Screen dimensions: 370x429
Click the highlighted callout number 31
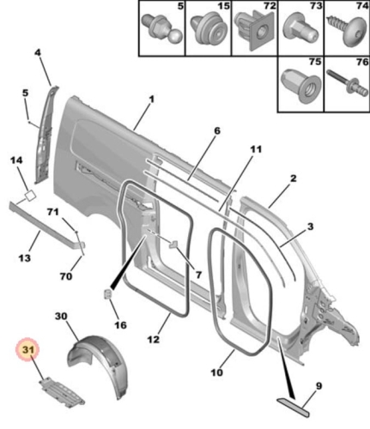coord(27,349)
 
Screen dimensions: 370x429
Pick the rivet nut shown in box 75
coord(300,86)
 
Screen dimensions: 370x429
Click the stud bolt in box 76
coord(348,83)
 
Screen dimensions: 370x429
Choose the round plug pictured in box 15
coord(208,29)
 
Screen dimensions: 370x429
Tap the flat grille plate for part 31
coord(62,390)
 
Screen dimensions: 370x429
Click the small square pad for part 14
coord(30,196)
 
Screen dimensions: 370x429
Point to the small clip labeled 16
coord(108,294)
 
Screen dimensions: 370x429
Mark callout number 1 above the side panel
coord(151,100)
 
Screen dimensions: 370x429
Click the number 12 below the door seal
coord(154,340)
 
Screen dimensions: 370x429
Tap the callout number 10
coord(216,372)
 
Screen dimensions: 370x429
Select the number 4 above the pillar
coord(39,53)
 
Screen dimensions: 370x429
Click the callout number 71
coord(52,212)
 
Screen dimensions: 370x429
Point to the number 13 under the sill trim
coord(25,258)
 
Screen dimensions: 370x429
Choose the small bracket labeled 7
coord(173,245)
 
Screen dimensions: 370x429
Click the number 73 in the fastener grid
coord(316,5)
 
